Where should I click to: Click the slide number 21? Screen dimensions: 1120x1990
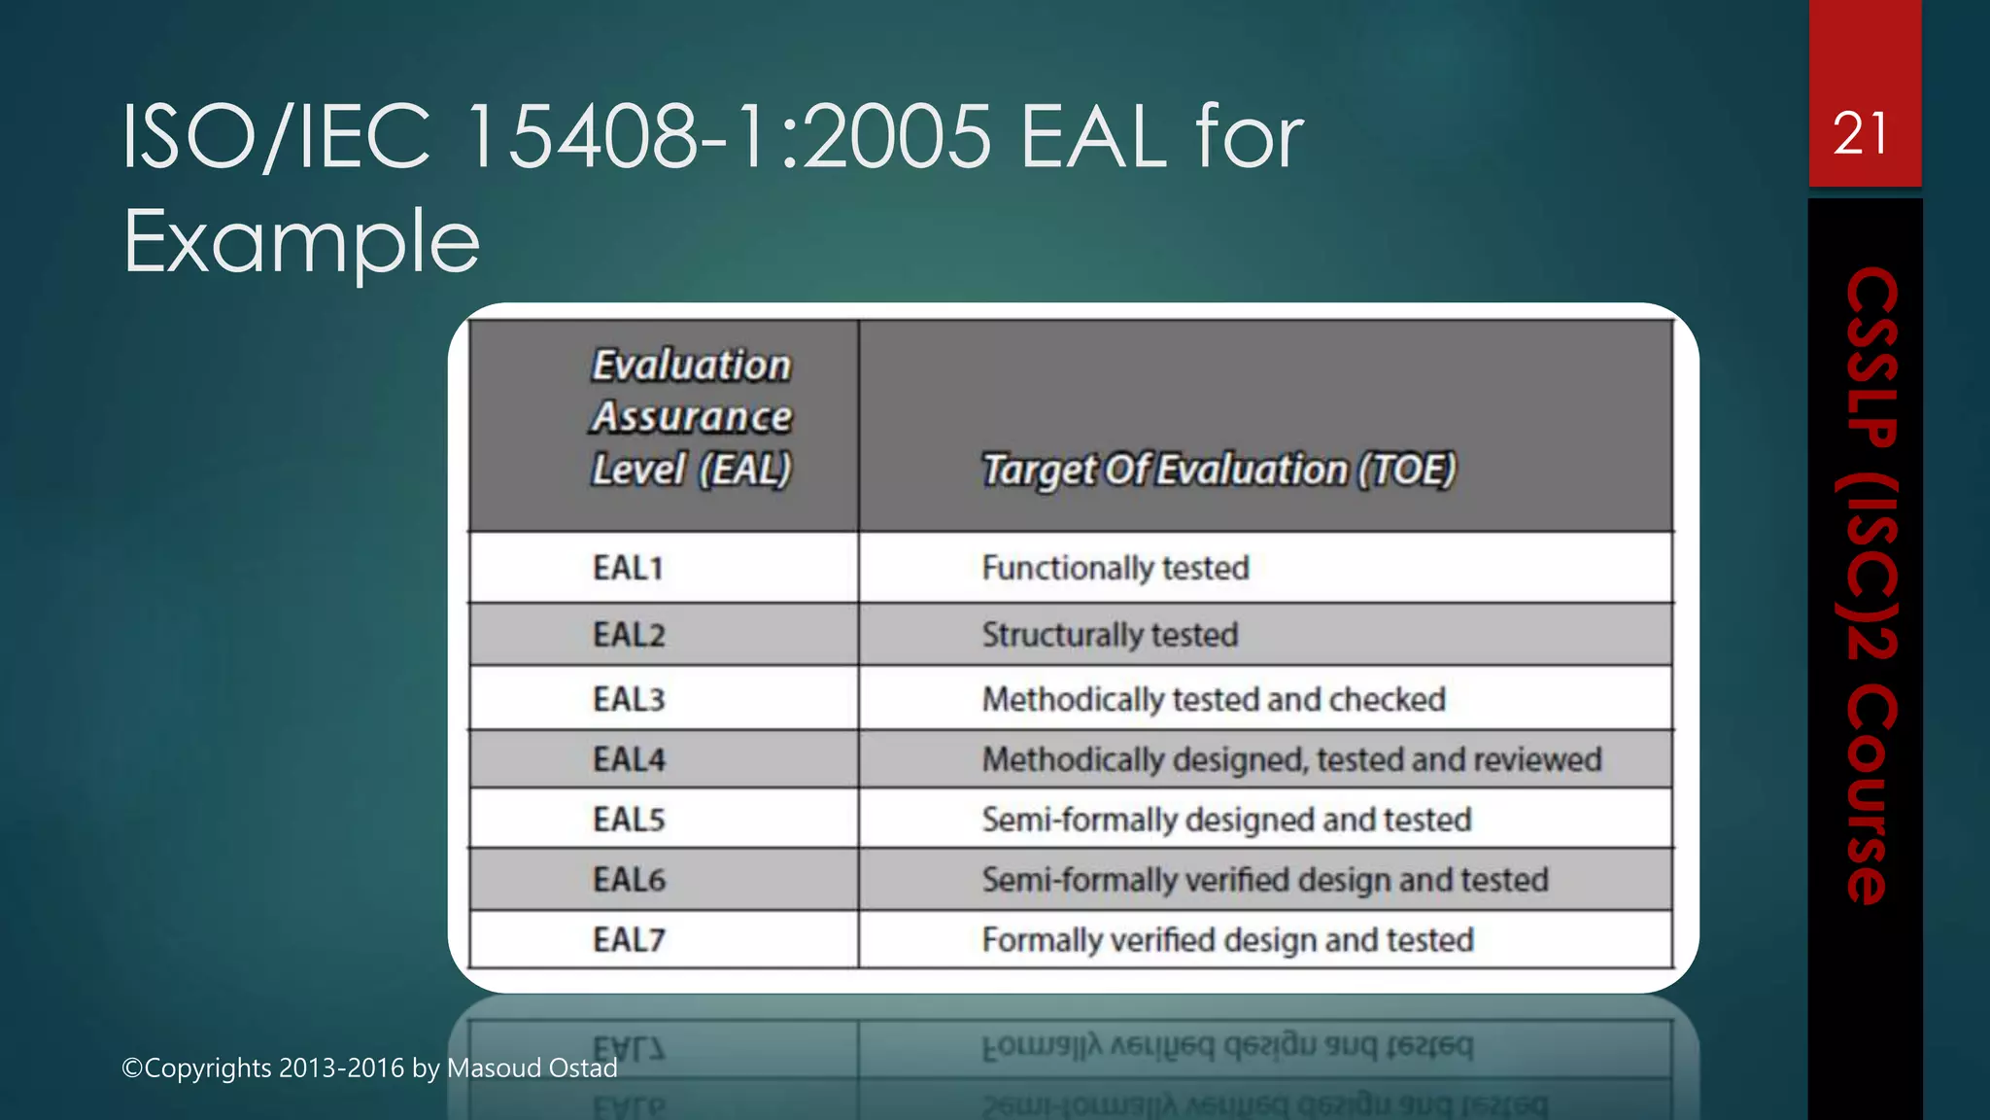(1861, 133)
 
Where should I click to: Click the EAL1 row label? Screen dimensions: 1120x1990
(628, 568)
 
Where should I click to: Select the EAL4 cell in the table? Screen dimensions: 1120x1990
(629, 759)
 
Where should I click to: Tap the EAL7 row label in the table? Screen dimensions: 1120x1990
(629, 940)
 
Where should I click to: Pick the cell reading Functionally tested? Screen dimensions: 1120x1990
(1115, 568)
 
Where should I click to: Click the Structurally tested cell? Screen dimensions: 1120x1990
(1110, 635)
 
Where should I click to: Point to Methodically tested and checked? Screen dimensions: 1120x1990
(1213, 699)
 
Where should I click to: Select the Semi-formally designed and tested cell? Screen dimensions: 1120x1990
(1226, 820)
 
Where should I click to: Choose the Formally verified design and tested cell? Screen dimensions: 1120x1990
(1227, 940)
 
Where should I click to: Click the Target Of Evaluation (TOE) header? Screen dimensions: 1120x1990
(1218, 470)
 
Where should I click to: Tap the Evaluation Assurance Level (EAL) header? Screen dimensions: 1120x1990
(691, 417)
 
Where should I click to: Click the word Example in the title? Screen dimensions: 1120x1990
(301, 241)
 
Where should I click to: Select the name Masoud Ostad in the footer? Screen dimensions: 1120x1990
(532, 1067)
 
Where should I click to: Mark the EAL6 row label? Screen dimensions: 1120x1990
(629, 880)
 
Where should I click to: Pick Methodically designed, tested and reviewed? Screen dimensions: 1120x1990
(1290, 759)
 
